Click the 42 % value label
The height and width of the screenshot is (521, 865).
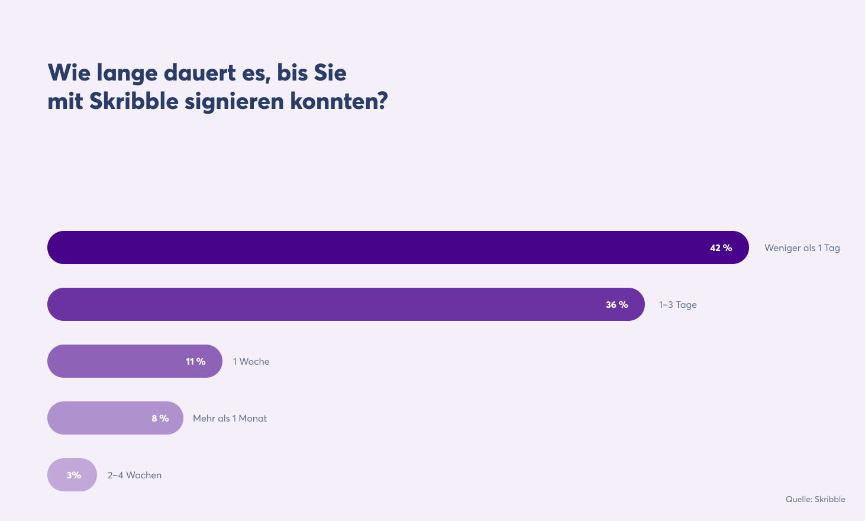[x=721, y=248]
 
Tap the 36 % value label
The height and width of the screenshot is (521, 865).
[x=617, y=305]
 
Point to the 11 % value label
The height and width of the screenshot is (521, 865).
[x=195, y=362]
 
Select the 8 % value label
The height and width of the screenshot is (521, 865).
[x=160, y=419]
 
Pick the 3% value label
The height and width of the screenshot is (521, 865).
[x=73, y=475]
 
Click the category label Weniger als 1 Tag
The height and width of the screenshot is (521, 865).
[x=802, y=248]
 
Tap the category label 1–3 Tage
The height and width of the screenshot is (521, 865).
[x=677, y=305]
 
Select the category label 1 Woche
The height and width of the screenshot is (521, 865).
[x=251, y=362]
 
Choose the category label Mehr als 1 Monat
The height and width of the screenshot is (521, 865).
[x=230, y=419]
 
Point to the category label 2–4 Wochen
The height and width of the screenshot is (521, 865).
[x=134, y=475]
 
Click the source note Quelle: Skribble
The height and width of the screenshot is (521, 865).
[x=815, y=499]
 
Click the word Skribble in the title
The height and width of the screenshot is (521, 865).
[x=134, y=101]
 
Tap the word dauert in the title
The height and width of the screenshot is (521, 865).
[x=199, y=73]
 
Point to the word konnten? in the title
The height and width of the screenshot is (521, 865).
[x=338, y=101]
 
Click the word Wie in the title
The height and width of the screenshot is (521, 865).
[x=69, y=73]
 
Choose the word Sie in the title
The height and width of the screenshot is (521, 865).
[x=330, y=73]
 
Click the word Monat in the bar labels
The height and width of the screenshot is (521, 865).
[x=253, y=419]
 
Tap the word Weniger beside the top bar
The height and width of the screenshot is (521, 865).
[x=783, y=248]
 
